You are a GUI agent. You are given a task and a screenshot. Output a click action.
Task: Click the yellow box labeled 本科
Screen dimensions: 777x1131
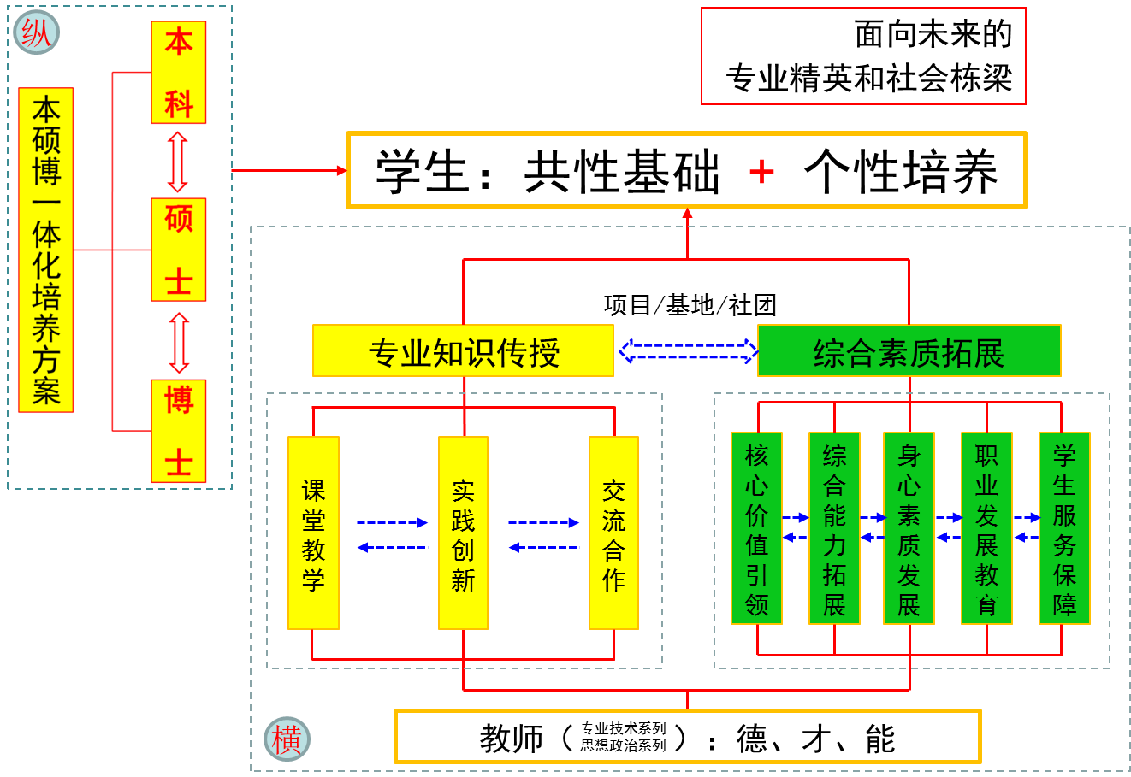point(179,73)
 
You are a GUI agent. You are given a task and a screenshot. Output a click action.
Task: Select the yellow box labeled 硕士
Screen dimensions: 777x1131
point(179,250)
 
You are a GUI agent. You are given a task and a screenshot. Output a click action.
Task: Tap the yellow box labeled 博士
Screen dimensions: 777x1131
point(179,431)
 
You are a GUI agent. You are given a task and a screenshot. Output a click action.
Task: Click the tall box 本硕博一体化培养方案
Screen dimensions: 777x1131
point(46,250)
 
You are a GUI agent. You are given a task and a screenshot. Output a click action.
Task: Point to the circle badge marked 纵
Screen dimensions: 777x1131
point(37,32)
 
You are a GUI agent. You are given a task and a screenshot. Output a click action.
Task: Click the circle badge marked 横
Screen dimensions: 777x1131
point(287,739)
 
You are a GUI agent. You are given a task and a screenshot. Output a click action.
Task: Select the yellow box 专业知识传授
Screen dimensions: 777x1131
point(463,350)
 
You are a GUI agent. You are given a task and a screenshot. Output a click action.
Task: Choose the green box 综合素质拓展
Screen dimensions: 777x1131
point(909,350)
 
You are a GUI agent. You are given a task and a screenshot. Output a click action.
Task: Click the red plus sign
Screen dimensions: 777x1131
point(761,172)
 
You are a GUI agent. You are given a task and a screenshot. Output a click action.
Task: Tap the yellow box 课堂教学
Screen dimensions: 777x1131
point(313,533)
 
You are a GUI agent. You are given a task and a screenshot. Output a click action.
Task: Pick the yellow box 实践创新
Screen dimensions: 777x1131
point(463,533)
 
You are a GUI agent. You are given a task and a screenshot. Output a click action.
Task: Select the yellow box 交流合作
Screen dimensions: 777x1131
point(613,533)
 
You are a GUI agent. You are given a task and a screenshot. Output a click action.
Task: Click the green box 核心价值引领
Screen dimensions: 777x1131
point(756,528)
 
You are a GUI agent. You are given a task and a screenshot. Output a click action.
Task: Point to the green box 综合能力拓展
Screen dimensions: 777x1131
point(834,528)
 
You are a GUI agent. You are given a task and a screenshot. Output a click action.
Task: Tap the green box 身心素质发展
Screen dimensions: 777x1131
point(909,528)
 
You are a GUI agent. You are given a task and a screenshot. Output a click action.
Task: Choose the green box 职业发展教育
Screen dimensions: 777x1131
point(986,528)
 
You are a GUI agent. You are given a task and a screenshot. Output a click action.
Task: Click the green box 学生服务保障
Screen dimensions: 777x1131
point(1064,528)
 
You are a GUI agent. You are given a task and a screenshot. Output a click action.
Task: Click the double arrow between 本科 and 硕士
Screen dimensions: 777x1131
point(178,162)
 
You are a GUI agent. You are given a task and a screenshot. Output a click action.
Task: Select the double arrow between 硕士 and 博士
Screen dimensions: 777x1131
point(179,342)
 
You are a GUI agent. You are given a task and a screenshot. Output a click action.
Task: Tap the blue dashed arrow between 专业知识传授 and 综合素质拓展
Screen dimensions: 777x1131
point(687,351)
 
